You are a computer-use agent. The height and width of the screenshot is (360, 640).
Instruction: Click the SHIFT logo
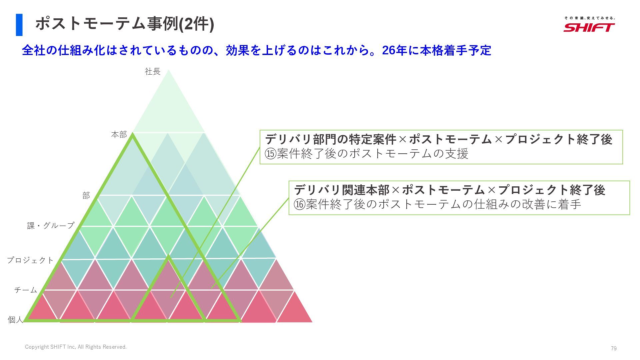coord(589,27)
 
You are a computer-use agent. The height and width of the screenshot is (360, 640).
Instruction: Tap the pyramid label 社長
coord(153,71)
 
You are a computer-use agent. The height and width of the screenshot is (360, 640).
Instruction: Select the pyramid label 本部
coord(119,135)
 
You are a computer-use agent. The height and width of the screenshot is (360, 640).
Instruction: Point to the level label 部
coord(86,195)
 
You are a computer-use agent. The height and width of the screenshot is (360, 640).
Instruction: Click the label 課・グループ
coord(51,226)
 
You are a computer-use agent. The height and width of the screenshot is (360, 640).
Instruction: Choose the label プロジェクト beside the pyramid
coord(30,260)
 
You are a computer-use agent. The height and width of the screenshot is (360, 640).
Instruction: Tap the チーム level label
coord(26,290)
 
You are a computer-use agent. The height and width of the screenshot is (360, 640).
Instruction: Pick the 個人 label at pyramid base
coord(15,320)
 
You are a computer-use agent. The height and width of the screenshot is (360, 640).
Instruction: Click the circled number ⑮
coord(271,154)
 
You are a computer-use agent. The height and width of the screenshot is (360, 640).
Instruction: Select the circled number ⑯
coord(300,204)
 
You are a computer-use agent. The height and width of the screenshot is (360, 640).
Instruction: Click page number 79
coord(614,348)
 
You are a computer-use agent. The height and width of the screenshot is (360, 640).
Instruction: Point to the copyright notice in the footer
coord(76,347)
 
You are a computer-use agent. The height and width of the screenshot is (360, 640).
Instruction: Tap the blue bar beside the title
coord(19,25)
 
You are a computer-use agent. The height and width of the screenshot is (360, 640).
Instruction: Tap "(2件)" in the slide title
coord(196,24)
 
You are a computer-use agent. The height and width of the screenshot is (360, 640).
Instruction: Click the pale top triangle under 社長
coord(169,107)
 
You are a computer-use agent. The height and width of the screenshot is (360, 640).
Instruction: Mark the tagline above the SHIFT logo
coord(589,18)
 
